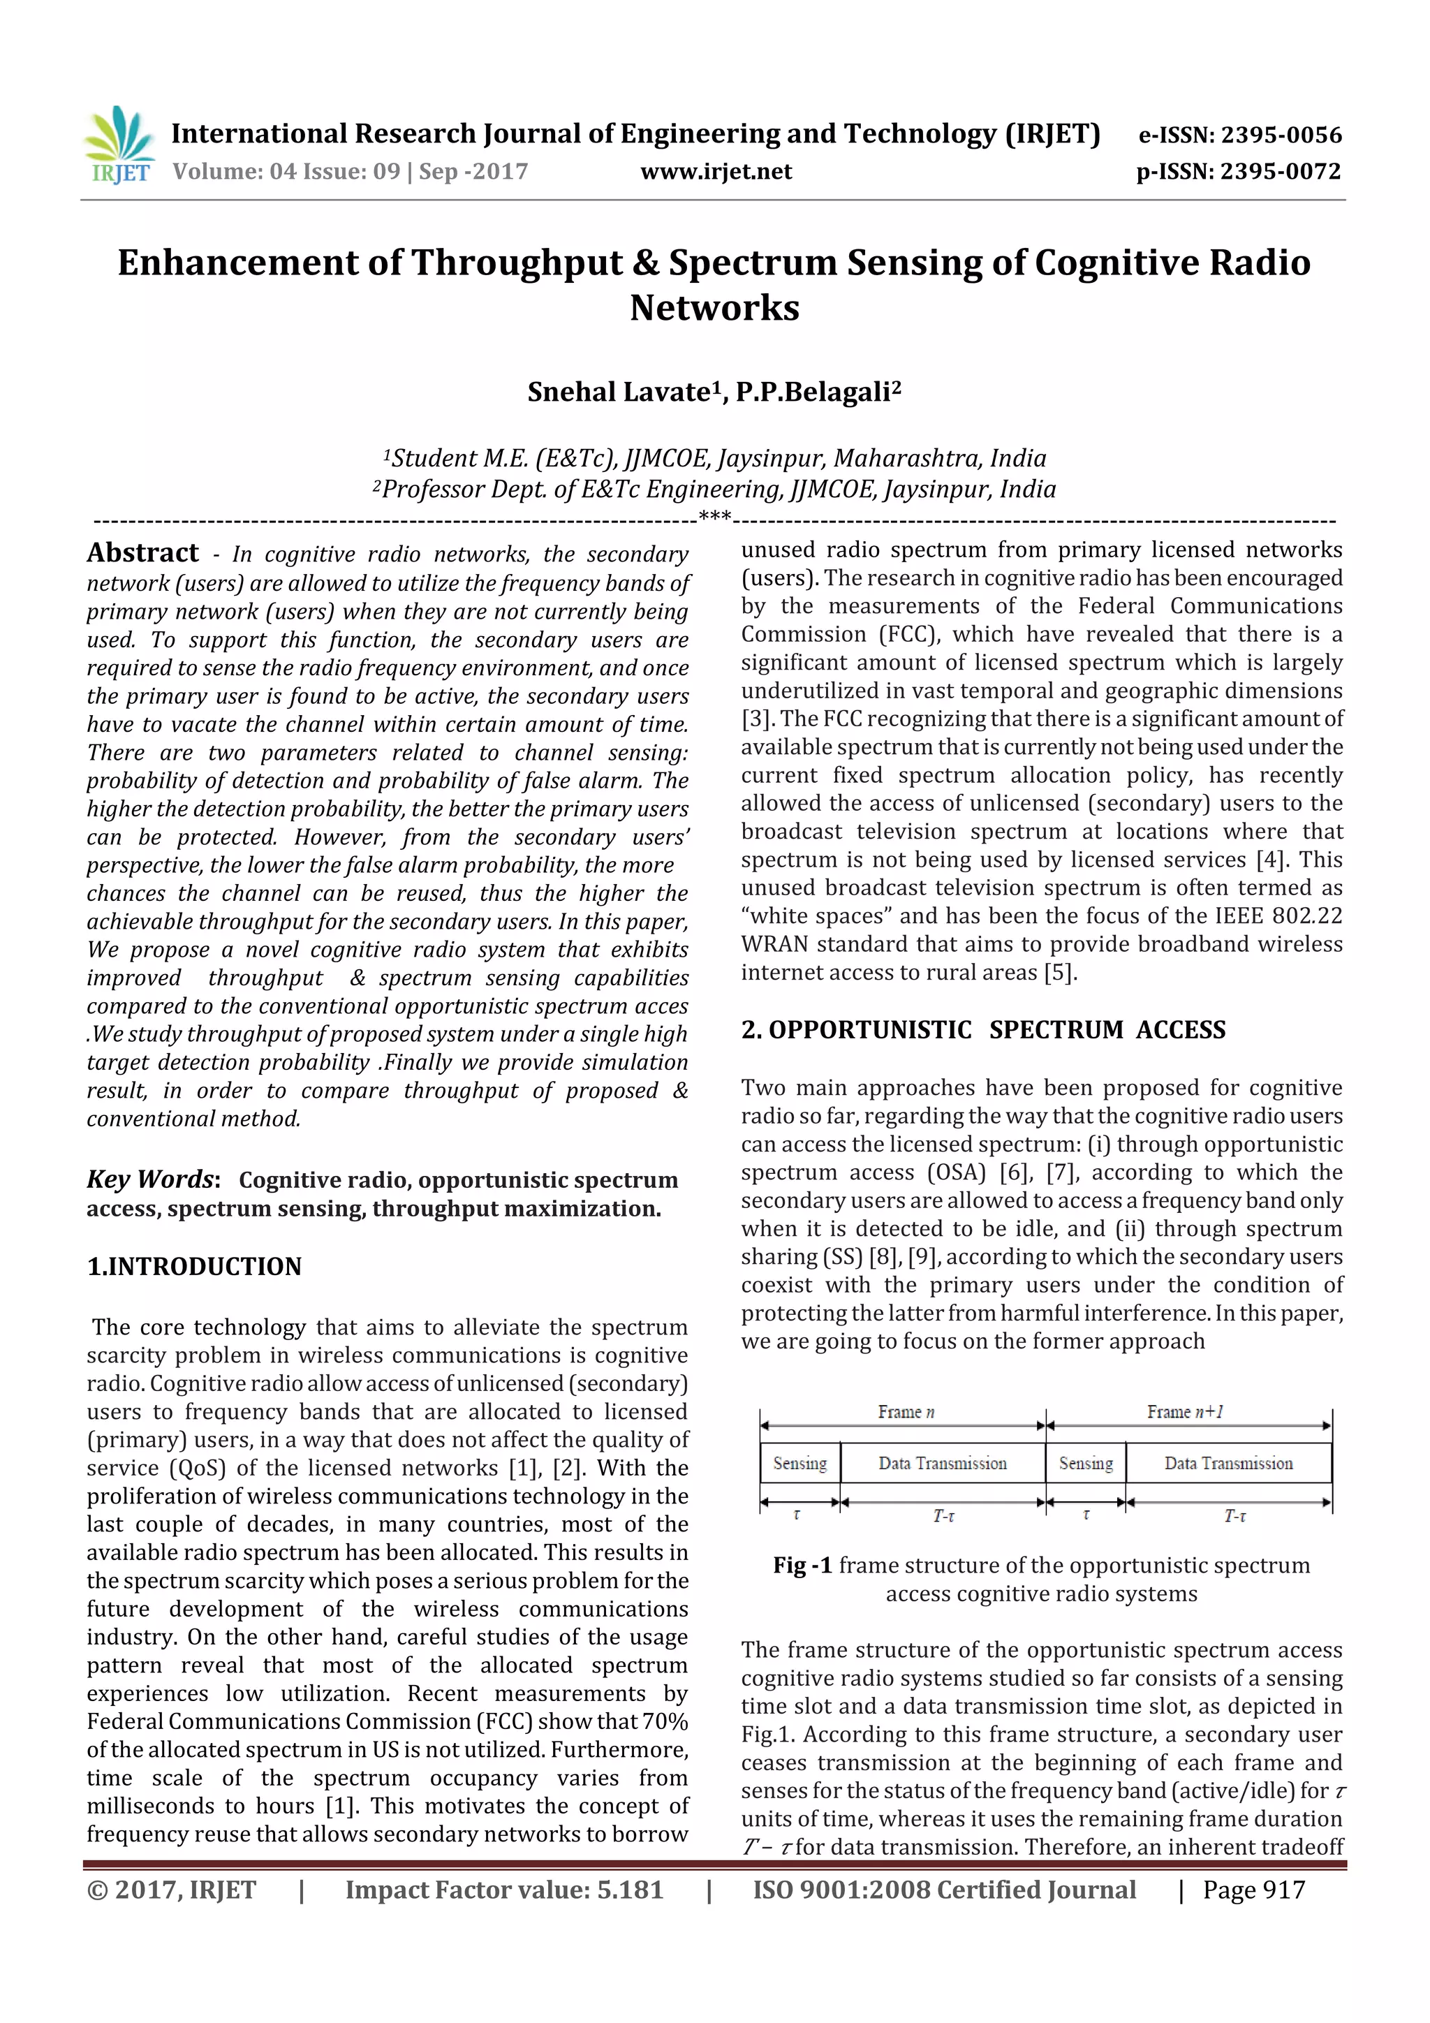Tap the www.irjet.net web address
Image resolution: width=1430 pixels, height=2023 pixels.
tap(716, 171)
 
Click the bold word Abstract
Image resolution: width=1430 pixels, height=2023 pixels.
tap(142, 552)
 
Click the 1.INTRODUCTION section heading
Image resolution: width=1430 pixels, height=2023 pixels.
tap(194, 1266)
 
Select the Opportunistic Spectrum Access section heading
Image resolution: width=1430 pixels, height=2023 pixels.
tap(983, 1029)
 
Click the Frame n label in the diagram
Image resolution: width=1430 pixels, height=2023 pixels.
tap(905, 1411)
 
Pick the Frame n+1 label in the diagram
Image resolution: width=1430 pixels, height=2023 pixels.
tap(1184, 1411)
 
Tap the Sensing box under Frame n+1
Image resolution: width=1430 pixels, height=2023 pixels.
tap(1086, 1463)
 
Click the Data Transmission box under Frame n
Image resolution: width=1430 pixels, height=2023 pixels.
tap(942, 1463)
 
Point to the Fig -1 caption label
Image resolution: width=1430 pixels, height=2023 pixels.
tap(802, 1565)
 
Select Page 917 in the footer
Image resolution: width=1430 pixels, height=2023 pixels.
tap(1253, 1889)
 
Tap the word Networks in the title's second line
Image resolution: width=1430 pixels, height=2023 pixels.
tap(714, 307)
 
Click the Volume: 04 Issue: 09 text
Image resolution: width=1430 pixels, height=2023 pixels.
tap(286, 171)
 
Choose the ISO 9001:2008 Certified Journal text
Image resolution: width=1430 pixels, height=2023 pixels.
tap(943, 1889)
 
